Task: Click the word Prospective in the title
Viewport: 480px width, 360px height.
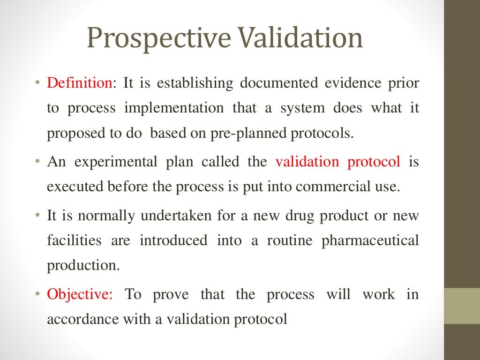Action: [x=159, y=39]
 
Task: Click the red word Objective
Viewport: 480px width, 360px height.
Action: [x=79, y=295]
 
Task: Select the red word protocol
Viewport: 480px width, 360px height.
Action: [x=374, y=162]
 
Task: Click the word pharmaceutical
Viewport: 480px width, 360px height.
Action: [x=370, y=241]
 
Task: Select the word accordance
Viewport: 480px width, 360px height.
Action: [x=83, y=320]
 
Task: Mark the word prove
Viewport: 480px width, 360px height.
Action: [x=171, y=295]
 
